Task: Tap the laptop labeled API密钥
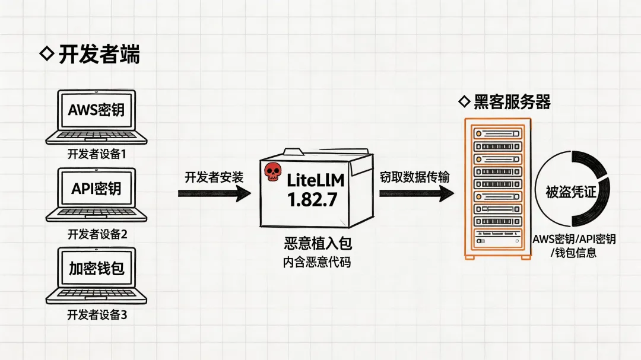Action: point(96,194)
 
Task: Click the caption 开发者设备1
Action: point(97,155)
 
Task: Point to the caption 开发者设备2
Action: point(97,234)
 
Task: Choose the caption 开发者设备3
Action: point(97,315)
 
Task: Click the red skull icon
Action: point(272,172)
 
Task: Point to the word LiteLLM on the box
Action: point(315,180)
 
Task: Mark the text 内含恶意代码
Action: point(316,262)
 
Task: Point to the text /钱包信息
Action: point(573,253)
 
